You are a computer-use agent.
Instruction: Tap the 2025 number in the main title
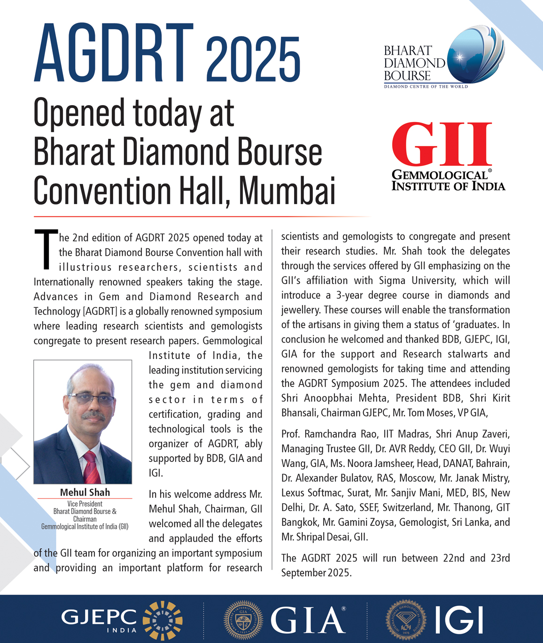[x=253, y=60]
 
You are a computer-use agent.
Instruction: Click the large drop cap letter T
[x=46, y=250]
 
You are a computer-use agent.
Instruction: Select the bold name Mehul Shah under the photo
[x=85, y=492]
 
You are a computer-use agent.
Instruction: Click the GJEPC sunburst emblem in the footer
[x=163, y=620]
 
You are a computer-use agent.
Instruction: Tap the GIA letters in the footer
[x=308, y=620]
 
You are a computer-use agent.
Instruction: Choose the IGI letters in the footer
[x=458, y=620]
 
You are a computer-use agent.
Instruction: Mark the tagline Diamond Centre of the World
[x=426, y=86]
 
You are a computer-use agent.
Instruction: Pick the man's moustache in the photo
[x=93, y=416]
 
